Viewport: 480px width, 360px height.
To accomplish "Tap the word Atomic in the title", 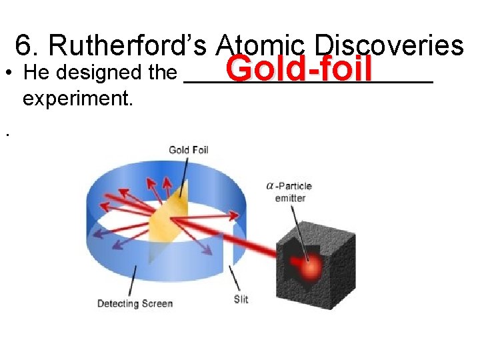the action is (x=260, y=45).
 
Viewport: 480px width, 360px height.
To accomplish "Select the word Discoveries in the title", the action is (x=390, y=45).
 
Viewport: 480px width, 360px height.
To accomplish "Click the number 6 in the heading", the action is (x=24, y=45).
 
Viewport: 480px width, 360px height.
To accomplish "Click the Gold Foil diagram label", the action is (x=189, y=149).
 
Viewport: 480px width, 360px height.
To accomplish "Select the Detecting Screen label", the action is (x=135, y=303).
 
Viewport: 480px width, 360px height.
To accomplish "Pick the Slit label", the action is (x=241, y=299).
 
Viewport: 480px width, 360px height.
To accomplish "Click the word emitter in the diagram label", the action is (x=290, y=198).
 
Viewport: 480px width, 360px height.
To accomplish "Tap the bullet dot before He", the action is (x=7, y=73).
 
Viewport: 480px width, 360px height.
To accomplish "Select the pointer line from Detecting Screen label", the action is (x=133, y=281).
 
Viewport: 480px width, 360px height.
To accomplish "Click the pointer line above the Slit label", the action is (x=234, y=277).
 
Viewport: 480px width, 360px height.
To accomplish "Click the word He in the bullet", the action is (x=33, y=73).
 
